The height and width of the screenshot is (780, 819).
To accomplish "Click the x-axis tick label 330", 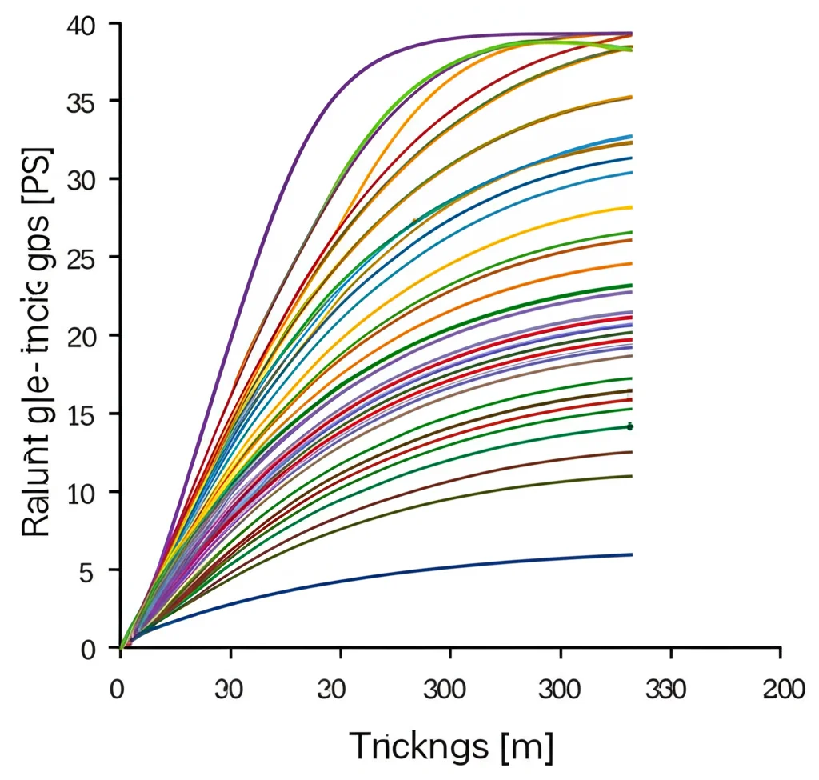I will coord(669,690).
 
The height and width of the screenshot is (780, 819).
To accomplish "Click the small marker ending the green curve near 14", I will coord(630,427).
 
